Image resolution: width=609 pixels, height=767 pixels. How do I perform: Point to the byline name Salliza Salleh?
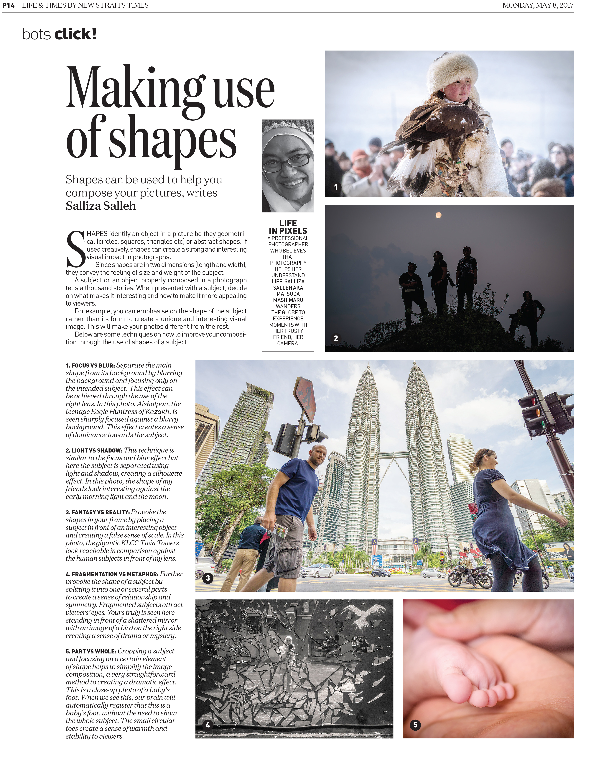101,206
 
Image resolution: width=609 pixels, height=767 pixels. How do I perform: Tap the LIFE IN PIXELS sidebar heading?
288,227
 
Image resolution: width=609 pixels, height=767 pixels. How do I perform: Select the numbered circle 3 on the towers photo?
208,578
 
